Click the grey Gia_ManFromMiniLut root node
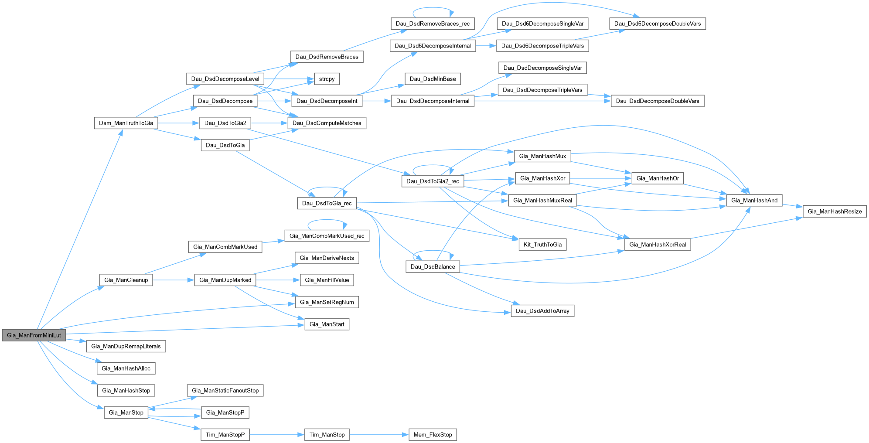pos(34,335)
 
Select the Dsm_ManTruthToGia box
pos(126,123)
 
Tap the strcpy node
pos(327,79)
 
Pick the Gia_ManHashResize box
pos(835,211)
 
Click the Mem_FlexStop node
pos(433,435)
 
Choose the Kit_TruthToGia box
pos(542,245)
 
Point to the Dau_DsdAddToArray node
pos(542,311)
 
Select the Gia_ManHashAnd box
pos(754,201)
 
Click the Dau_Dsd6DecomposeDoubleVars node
pos(658,24)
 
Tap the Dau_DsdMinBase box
pos(433,79)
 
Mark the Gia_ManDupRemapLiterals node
pos(126,347)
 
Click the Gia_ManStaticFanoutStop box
pos(225,391)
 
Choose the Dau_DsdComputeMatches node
pos(327,123)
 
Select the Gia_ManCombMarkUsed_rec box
pos(327,236)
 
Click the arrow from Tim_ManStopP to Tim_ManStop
pos(276,435)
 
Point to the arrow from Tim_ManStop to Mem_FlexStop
pos(378,435)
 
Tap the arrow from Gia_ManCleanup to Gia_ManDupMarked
pos(173,280)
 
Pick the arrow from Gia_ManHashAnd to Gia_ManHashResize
pos(793,206)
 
